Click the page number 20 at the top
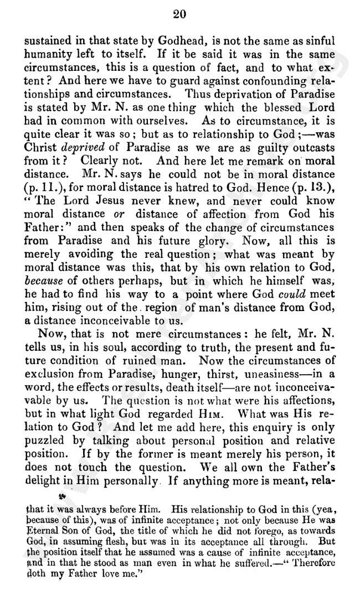(181, 15)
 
